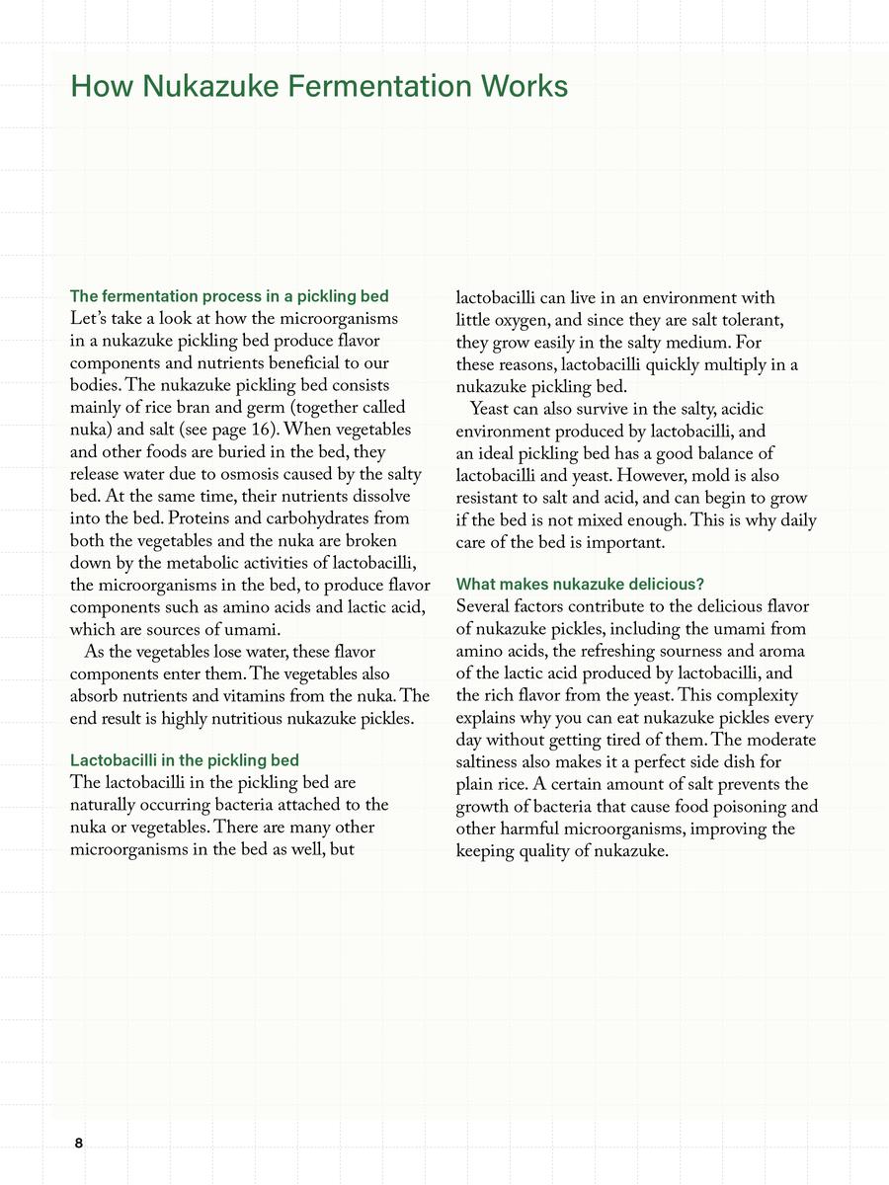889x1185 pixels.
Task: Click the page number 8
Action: pos(79,1143)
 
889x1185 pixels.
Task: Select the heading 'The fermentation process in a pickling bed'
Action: pos(229,296)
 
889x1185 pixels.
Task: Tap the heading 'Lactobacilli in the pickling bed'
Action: pos(185,760)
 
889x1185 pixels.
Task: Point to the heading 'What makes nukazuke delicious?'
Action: pos(580,585)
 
